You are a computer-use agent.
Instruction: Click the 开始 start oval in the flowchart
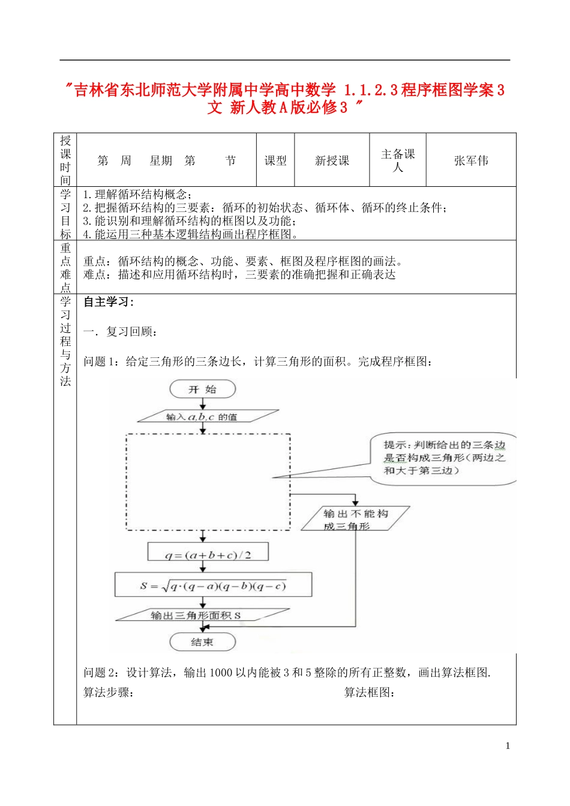(202, 389)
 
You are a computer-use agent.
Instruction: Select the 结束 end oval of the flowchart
(202, 642)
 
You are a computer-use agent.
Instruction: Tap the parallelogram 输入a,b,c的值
(208, 416)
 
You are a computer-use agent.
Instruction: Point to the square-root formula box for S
(213, 585)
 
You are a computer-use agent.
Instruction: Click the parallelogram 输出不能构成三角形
(355, 519)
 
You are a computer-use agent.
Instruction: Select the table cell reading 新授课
(332, 160)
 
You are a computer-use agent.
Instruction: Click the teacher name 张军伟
(471, 160)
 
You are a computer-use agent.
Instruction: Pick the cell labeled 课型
(275, 160)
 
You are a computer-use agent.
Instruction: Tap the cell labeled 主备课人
(398, 160)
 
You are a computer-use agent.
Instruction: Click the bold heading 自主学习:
(109, 302)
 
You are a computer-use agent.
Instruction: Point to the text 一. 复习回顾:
(121, 332)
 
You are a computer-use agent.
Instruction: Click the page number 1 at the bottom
(508, 746)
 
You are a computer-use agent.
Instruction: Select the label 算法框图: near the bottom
(370, 692)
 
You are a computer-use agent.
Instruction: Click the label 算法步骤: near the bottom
(109, 692)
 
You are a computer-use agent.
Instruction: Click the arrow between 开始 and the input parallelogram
(203, 404)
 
